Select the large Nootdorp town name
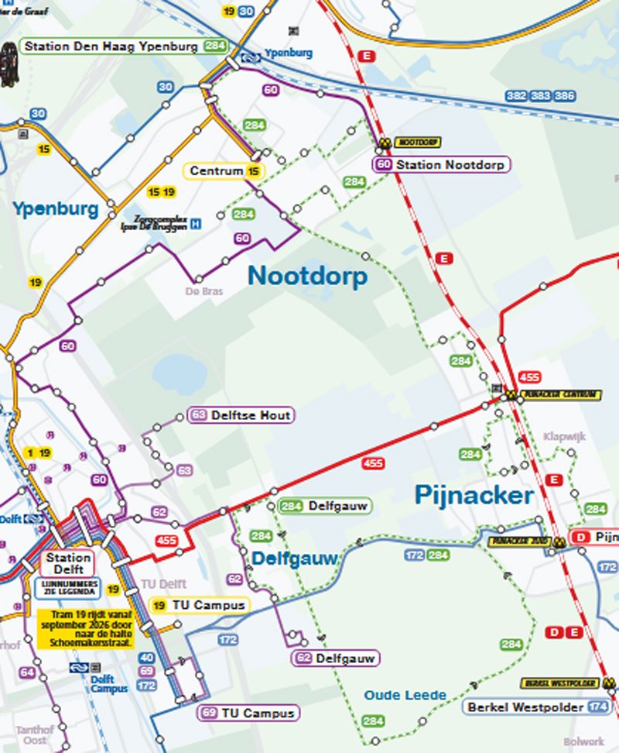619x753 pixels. coord(307,277)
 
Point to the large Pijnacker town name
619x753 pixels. coord(474,495)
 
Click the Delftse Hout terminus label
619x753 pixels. coord(241,415)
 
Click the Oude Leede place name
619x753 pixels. coord(405,695)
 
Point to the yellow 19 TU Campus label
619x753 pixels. coord(199,605)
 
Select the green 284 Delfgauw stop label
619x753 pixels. coord(324,506)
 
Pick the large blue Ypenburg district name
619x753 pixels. coord(55,209)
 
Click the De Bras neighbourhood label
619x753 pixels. coord(199,292)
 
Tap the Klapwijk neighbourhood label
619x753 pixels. coord(564,437)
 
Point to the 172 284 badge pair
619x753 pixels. coord(426,555)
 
